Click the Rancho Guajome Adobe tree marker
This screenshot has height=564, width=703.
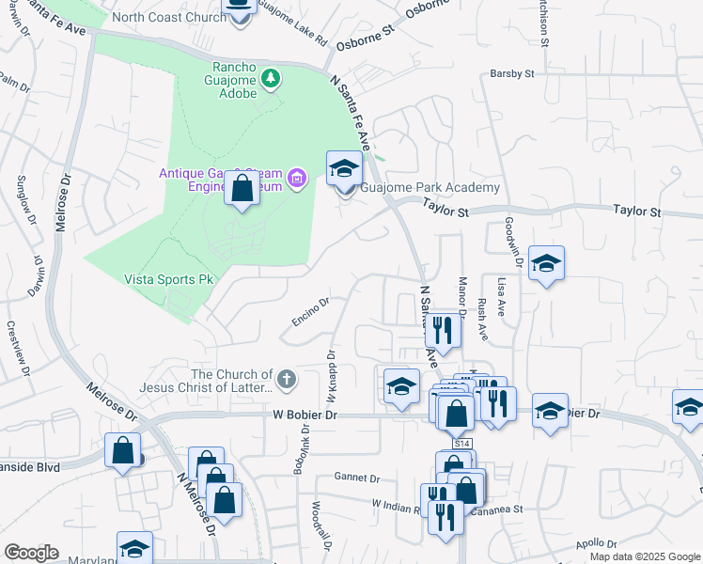(x=271, y=77)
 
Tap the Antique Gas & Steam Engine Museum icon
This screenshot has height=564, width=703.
(x=297, y=177)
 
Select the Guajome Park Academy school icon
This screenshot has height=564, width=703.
(x=344, y=169)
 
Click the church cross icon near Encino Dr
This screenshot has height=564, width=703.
(x=286, y=380)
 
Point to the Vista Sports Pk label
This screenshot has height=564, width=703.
(x=169, y=279)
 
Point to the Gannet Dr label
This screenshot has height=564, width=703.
(x=360, y=478)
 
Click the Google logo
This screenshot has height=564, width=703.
(x=30, y=553)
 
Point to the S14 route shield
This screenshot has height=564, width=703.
(x=461, y=443)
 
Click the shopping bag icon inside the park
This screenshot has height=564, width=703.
(x=242, y=189)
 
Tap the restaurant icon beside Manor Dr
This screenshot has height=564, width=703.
(x=440, y=330)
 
